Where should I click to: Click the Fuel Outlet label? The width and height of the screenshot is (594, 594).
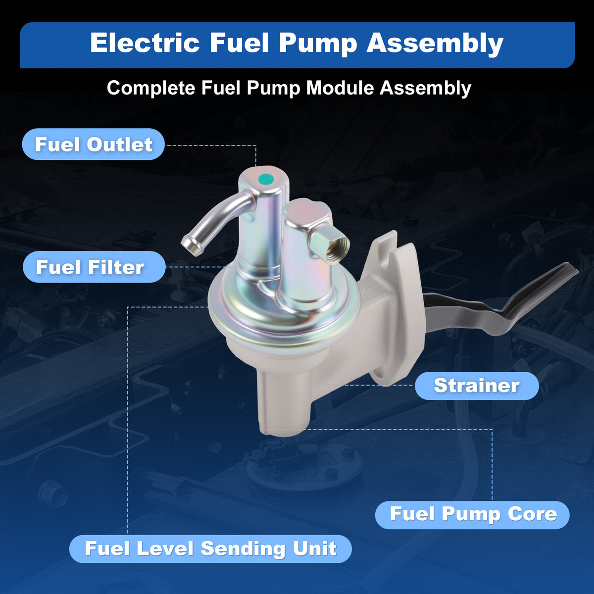coord(93,144)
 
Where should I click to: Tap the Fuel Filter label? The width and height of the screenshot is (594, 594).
coord(94,267)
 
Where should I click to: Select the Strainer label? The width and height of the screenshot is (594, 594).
coord(477,386)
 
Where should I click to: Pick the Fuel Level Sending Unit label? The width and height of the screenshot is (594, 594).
coord(210,548)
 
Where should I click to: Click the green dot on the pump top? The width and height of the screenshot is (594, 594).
coord(266,179)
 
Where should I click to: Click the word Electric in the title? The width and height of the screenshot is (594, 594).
coord(145,43)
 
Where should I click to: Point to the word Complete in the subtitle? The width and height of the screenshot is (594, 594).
coord(151,89)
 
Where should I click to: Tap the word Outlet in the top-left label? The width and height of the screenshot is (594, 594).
coord(120,144)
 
